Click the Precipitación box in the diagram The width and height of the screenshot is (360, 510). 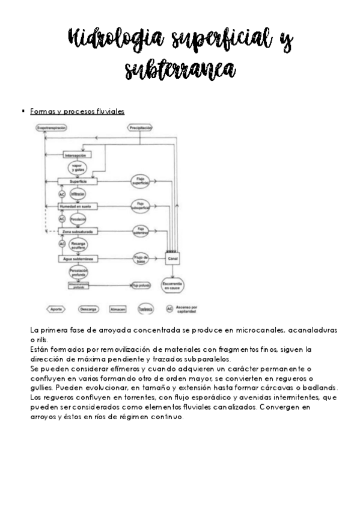point(139,127)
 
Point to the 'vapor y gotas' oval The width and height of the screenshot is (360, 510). point(76,168)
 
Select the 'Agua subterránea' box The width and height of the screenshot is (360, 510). point(78,259)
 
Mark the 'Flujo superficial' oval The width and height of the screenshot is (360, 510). point(142,180)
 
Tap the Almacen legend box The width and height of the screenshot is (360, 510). point(118,309)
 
